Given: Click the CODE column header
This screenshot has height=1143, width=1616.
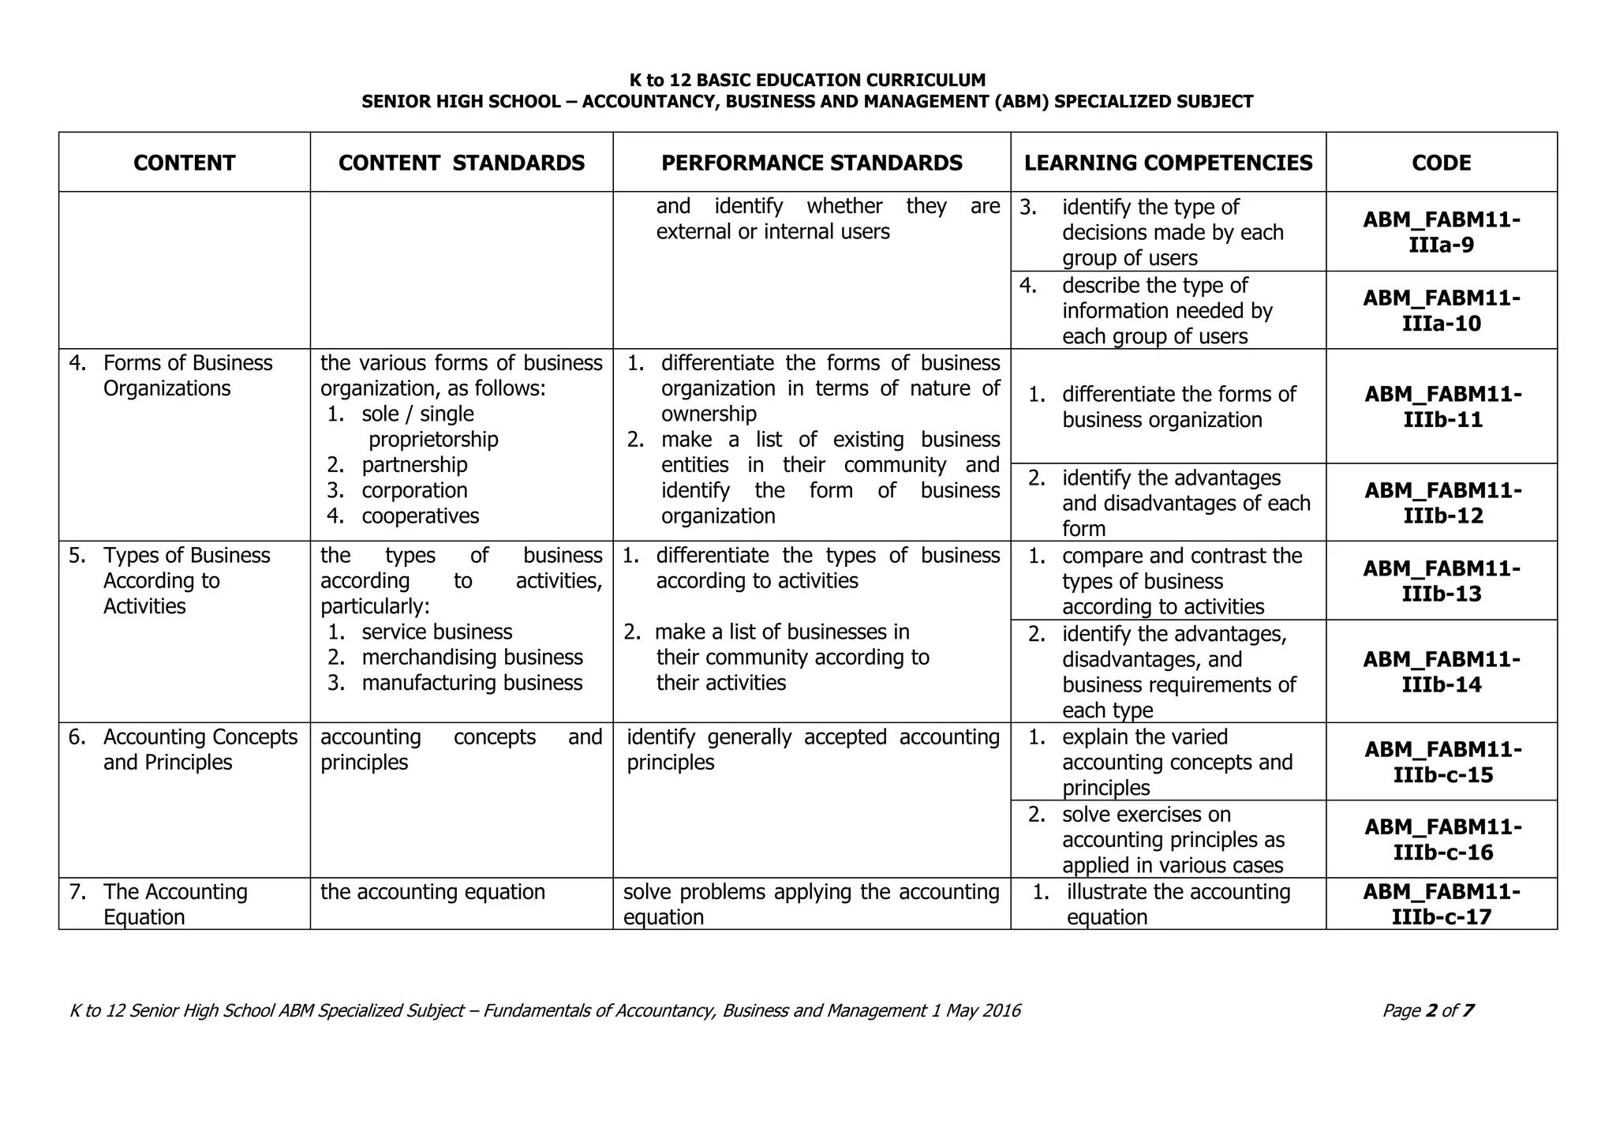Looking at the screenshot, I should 1441,163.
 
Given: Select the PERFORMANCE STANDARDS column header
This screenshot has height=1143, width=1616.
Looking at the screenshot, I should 811,163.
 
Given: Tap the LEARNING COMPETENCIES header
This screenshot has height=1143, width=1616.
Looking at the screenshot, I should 1168,163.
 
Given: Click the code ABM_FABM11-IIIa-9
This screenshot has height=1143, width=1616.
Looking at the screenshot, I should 1441,232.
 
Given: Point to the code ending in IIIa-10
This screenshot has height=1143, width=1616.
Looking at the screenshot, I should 1441,311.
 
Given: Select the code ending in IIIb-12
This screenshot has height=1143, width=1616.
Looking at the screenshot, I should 1442,503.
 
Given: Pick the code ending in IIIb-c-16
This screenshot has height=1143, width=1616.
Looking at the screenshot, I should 1442,839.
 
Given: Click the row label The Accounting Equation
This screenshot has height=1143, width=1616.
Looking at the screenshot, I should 175,905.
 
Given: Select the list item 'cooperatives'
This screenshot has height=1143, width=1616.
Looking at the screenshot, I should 420,516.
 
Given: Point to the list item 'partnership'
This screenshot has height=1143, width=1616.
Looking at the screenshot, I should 414,465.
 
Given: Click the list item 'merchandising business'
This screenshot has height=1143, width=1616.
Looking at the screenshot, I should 472,658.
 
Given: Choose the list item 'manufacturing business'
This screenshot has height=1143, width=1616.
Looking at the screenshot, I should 472,683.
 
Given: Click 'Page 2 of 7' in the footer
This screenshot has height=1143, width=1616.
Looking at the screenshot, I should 1427,1011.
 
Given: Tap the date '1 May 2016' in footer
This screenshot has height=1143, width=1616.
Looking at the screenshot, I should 975,1011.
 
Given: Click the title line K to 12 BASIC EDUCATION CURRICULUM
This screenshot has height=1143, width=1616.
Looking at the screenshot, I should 807,81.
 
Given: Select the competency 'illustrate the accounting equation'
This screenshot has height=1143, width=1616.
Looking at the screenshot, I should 1177,905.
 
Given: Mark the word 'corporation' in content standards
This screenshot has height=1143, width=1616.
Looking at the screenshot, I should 414,491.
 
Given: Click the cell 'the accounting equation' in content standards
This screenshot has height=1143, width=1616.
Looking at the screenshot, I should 432,892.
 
